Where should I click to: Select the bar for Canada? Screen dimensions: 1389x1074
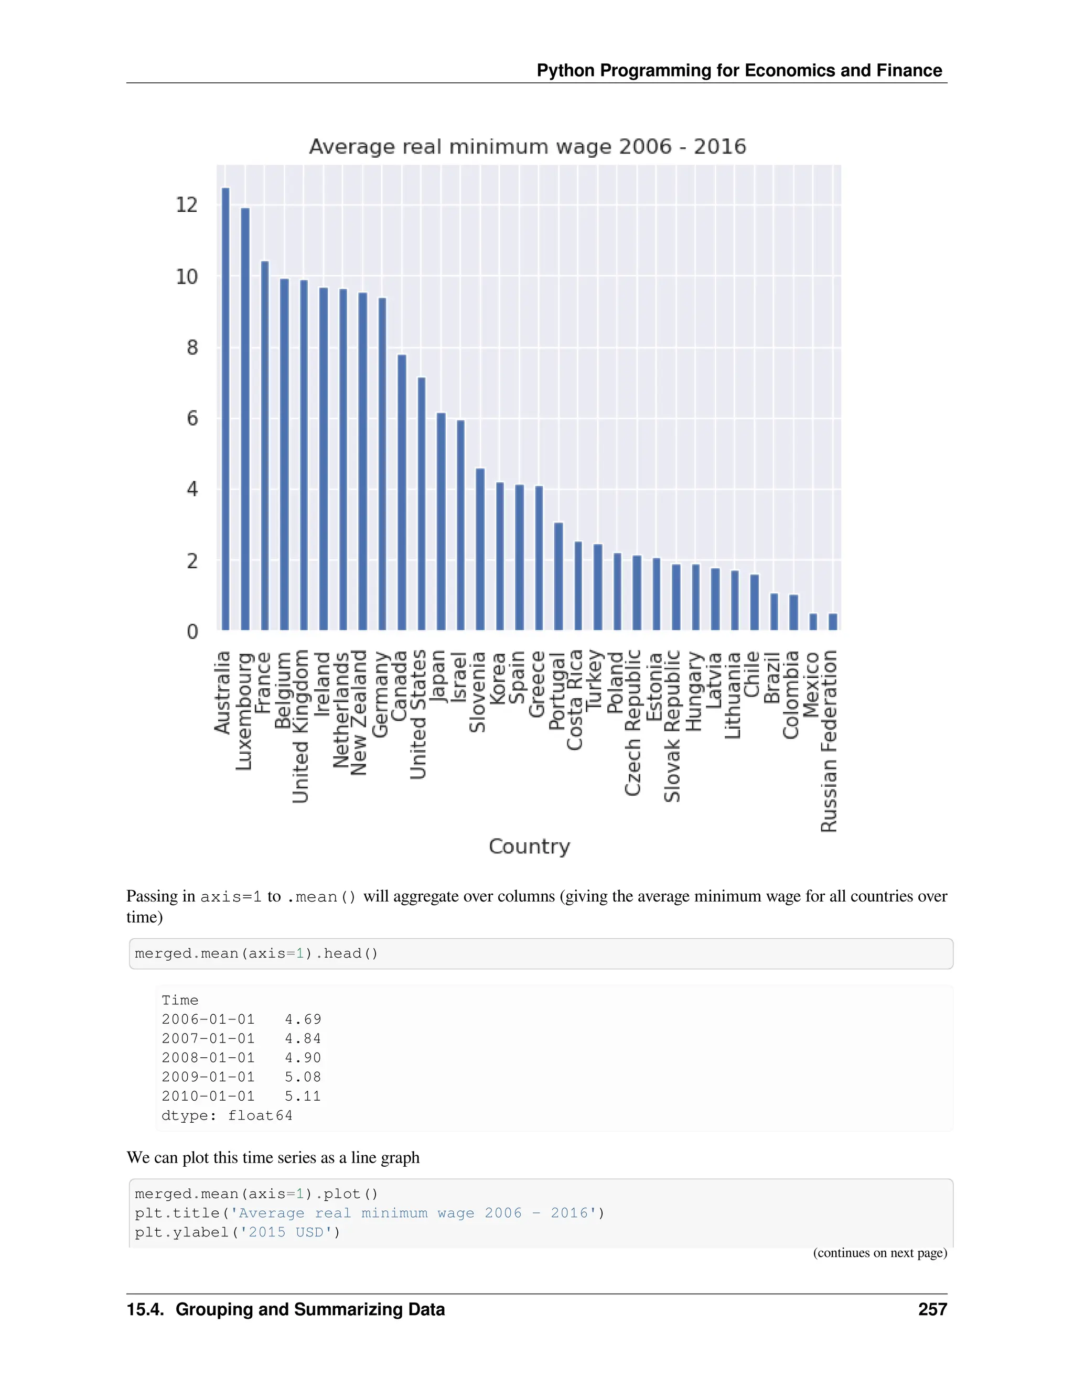point(402,492)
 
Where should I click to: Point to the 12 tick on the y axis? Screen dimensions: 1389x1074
point(187,205)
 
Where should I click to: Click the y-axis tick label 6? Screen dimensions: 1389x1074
point(192,418)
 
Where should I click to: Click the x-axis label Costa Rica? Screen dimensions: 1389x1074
point(575,700)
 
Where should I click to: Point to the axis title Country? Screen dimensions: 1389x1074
point(529,847)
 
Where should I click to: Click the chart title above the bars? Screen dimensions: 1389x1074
point(528,147)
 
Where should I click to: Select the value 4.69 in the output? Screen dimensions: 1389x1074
point(303,1019)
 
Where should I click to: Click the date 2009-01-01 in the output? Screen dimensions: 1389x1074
point(208,1077)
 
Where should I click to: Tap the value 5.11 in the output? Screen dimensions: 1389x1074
point(303,1097)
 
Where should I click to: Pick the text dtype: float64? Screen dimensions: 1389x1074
point(227,1115)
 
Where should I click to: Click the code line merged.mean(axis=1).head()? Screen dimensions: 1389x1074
point(256,953)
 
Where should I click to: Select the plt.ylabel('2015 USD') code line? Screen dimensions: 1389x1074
point(238,1233)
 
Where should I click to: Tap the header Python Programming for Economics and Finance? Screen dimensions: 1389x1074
point(739,71)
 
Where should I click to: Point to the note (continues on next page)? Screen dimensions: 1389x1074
point(880,1253)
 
